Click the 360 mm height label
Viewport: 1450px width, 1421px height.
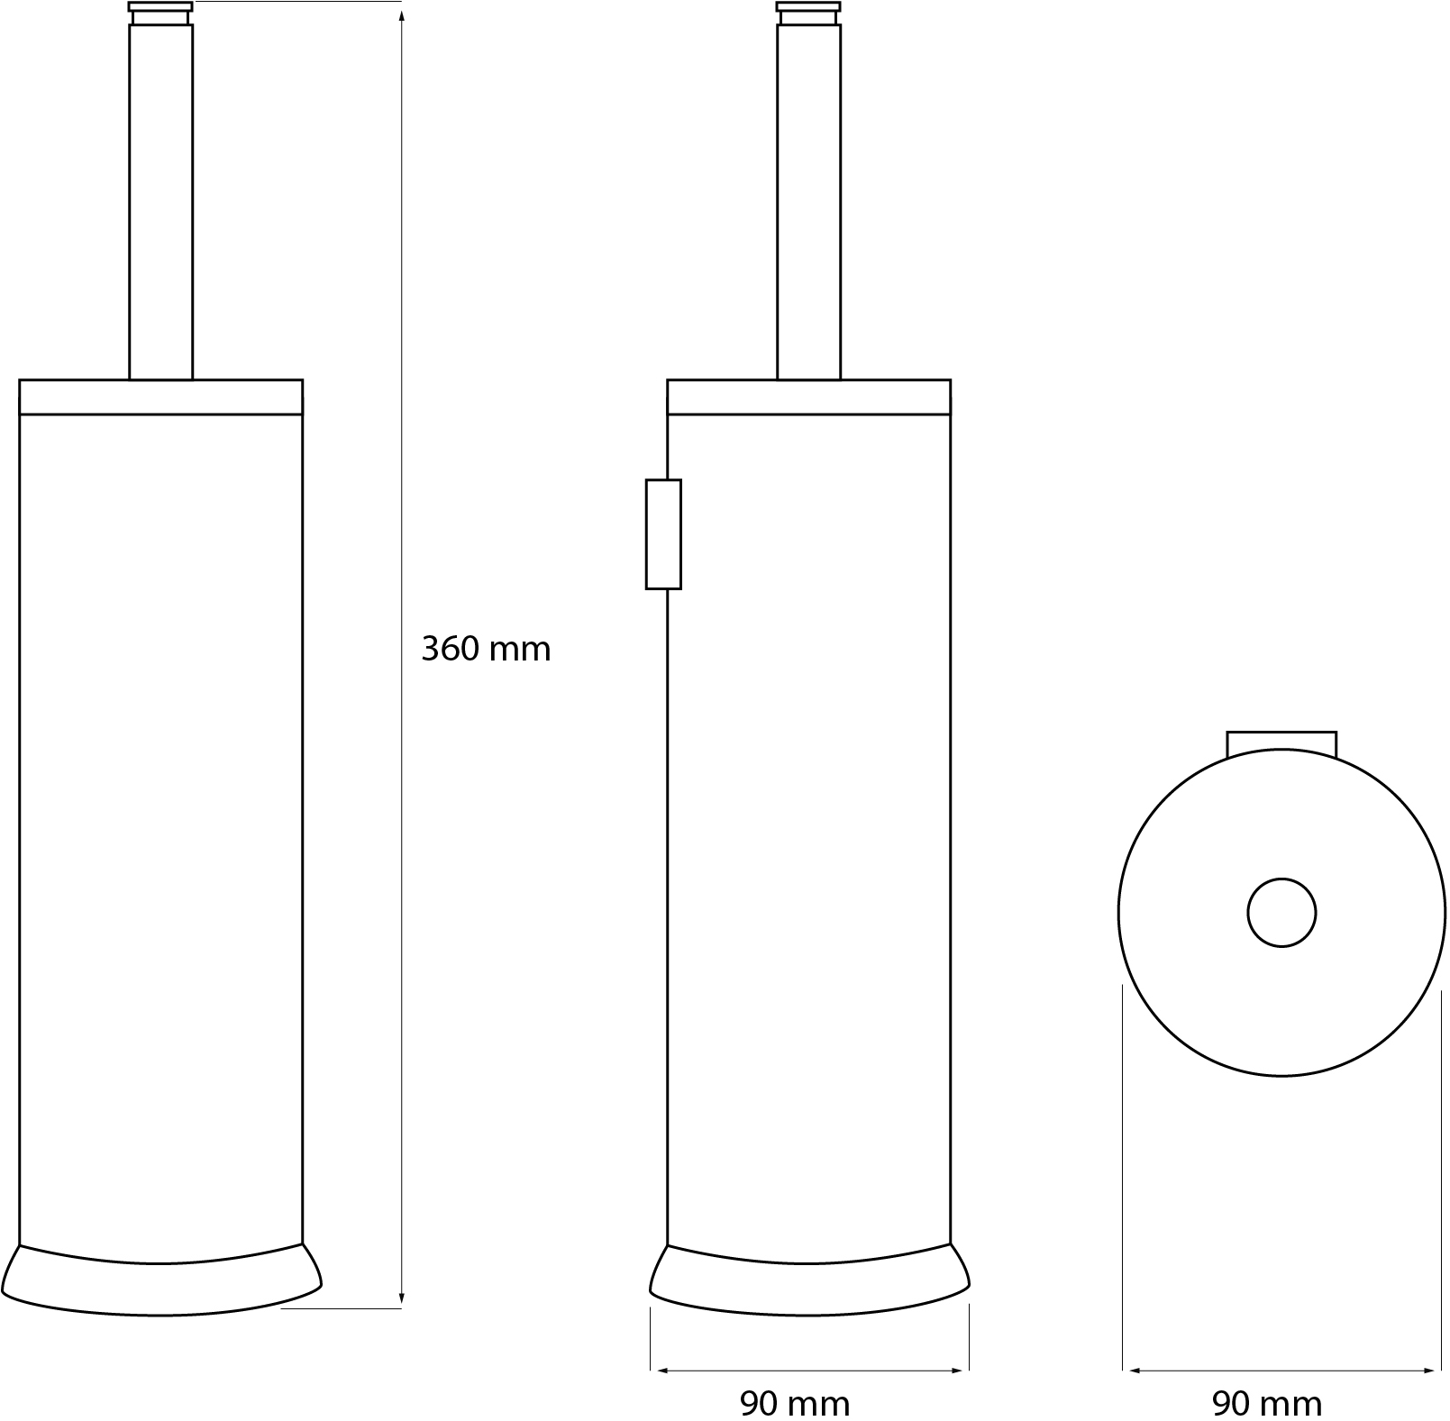pos(486,649)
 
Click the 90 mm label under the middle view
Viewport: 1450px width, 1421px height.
pos(795,1403)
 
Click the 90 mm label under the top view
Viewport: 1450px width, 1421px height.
pos(1267,1403)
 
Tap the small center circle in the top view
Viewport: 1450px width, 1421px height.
pos(1281,913)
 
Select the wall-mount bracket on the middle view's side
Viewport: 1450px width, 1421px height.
pos(663,534)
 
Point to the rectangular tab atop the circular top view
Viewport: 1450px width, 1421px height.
pos(1281,744)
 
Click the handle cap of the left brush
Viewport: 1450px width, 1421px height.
pos(160,13)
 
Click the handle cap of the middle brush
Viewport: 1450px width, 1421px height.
pos(808,13)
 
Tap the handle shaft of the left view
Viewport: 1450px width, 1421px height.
pos(160,202)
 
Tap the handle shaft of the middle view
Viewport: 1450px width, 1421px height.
pos(808,202)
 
